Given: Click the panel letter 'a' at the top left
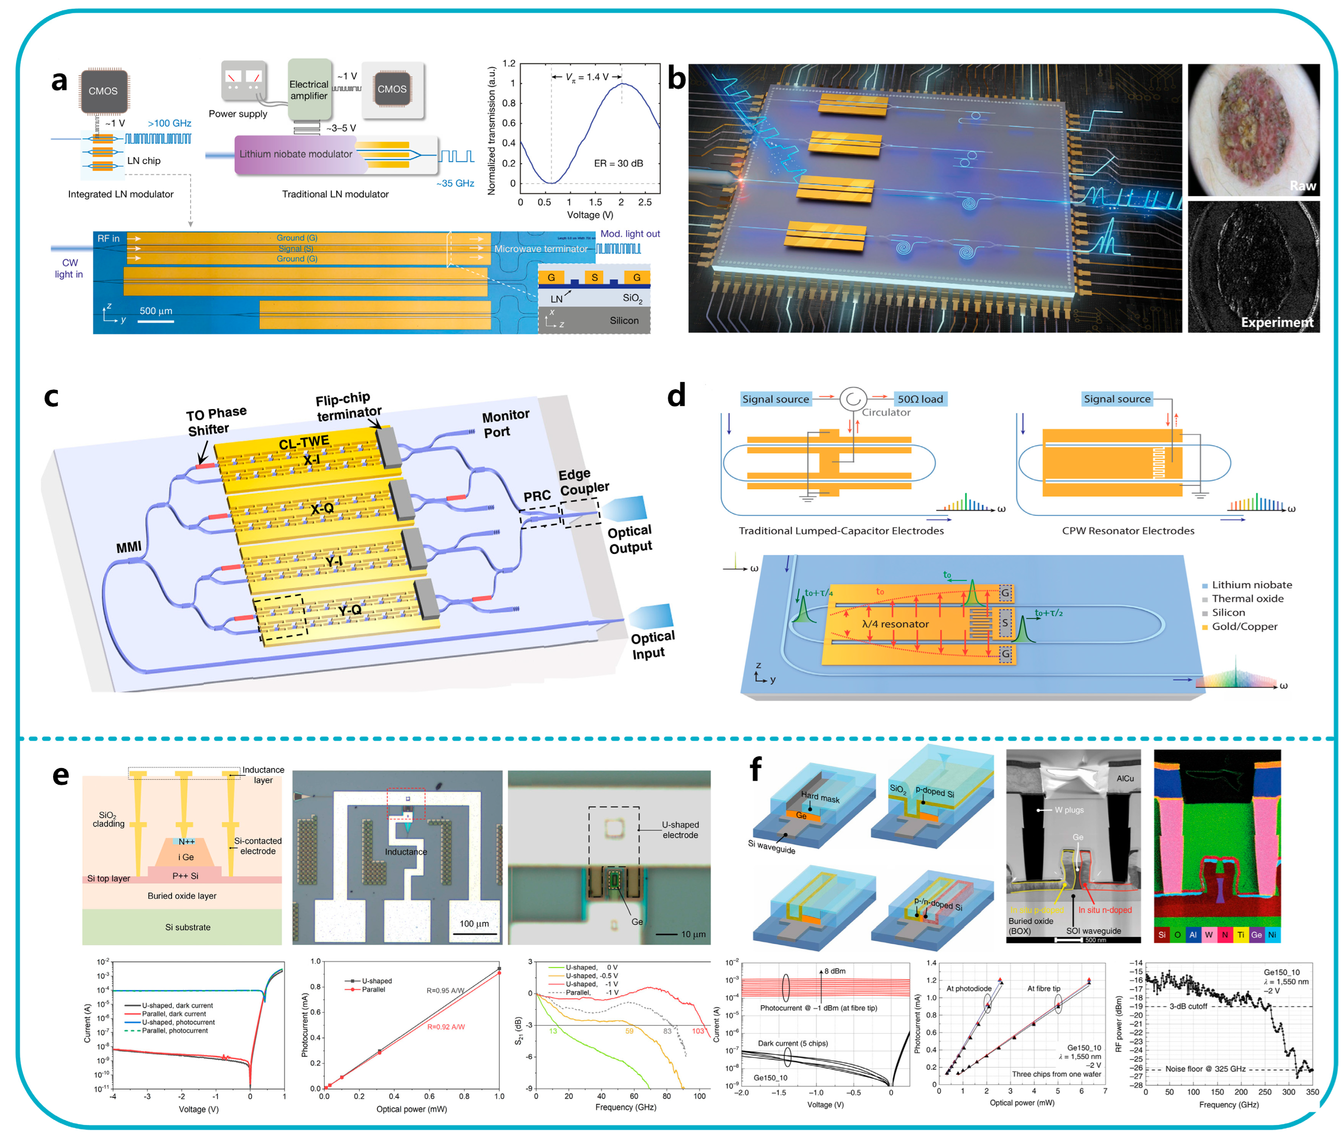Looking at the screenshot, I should (x=59, y=82).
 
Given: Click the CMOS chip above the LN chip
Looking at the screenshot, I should (x=103, y=91).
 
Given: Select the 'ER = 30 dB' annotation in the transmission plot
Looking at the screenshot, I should (x=618, y=163).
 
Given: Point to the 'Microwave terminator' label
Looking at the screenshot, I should (x=540, y=249).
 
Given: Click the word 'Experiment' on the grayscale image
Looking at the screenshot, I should (x=1276, y=322).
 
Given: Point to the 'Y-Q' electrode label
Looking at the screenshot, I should (x=350, y=610).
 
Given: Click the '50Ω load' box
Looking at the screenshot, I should (x=920, y=399).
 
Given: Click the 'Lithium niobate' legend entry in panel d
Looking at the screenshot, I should (x=1251, y=584).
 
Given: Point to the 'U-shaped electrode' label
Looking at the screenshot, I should (x=680, y=830).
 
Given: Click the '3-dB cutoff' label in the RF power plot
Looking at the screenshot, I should (x=1187, y=1006).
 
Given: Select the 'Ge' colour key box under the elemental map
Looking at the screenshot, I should (x=1255, y=934).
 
